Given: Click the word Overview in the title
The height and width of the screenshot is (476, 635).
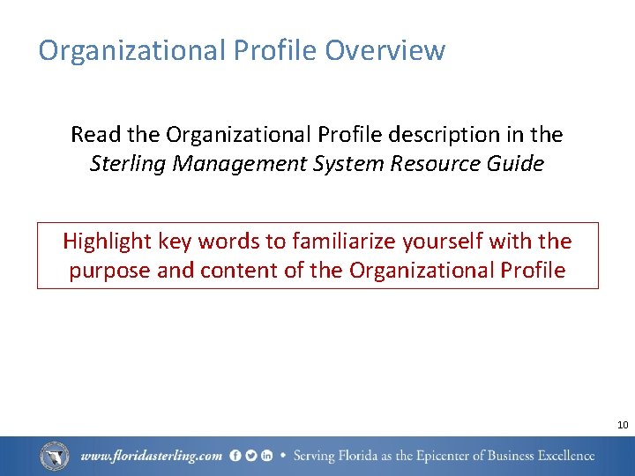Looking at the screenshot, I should coord(385,50).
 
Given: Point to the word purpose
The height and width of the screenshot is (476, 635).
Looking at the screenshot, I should coord(109,271).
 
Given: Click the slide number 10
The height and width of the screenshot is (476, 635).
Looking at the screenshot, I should coord(623,425).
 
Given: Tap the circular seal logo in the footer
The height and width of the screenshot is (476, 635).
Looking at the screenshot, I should coord(55,456).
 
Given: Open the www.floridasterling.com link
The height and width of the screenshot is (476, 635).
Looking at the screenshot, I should coord(151,457).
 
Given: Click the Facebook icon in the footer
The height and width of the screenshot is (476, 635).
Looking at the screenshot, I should coord(235,456).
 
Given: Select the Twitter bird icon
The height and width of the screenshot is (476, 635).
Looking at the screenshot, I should coord(250,456).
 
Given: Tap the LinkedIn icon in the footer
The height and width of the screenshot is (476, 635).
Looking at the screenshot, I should coord(265,456).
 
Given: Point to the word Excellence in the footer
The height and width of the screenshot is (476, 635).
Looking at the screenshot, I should coord(562,457).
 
